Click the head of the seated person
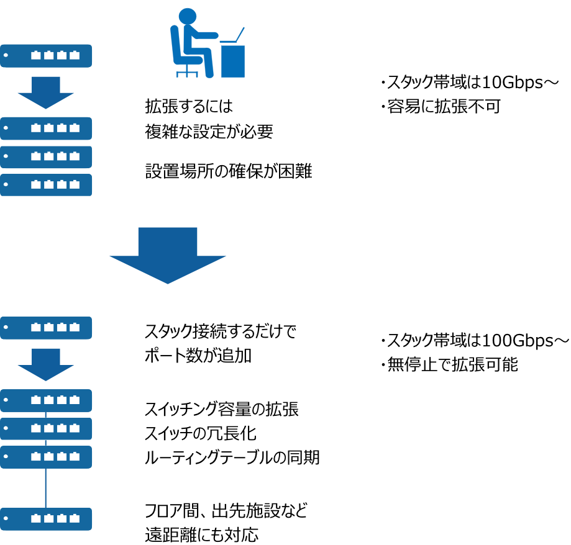(x=187, y=16)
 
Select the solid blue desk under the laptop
(x=233, y=61)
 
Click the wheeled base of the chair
(x=187, y=73)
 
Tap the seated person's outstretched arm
(x=204, y=35)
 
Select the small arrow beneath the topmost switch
(x=45, y=92)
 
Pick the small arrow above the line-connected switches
(x=45, y=364)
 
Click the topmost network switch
(x=46, y=56)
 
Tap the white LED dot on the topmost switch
(x=6, y=55)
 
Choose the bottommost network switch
(x=46, y=519)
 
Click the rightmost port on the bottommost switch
(x=75, y=518)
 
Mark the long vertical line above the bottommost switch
(x=45, y=488)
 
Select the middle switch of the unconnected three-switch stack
(x=46, y=157)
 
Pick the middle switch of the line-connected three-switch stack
(x=46, y=429)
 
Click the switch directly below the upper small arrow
(x=46, y=128)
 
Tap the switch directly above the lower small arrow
(x=46, y=328)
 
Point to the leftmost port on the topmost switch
(x=36, y=55)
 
